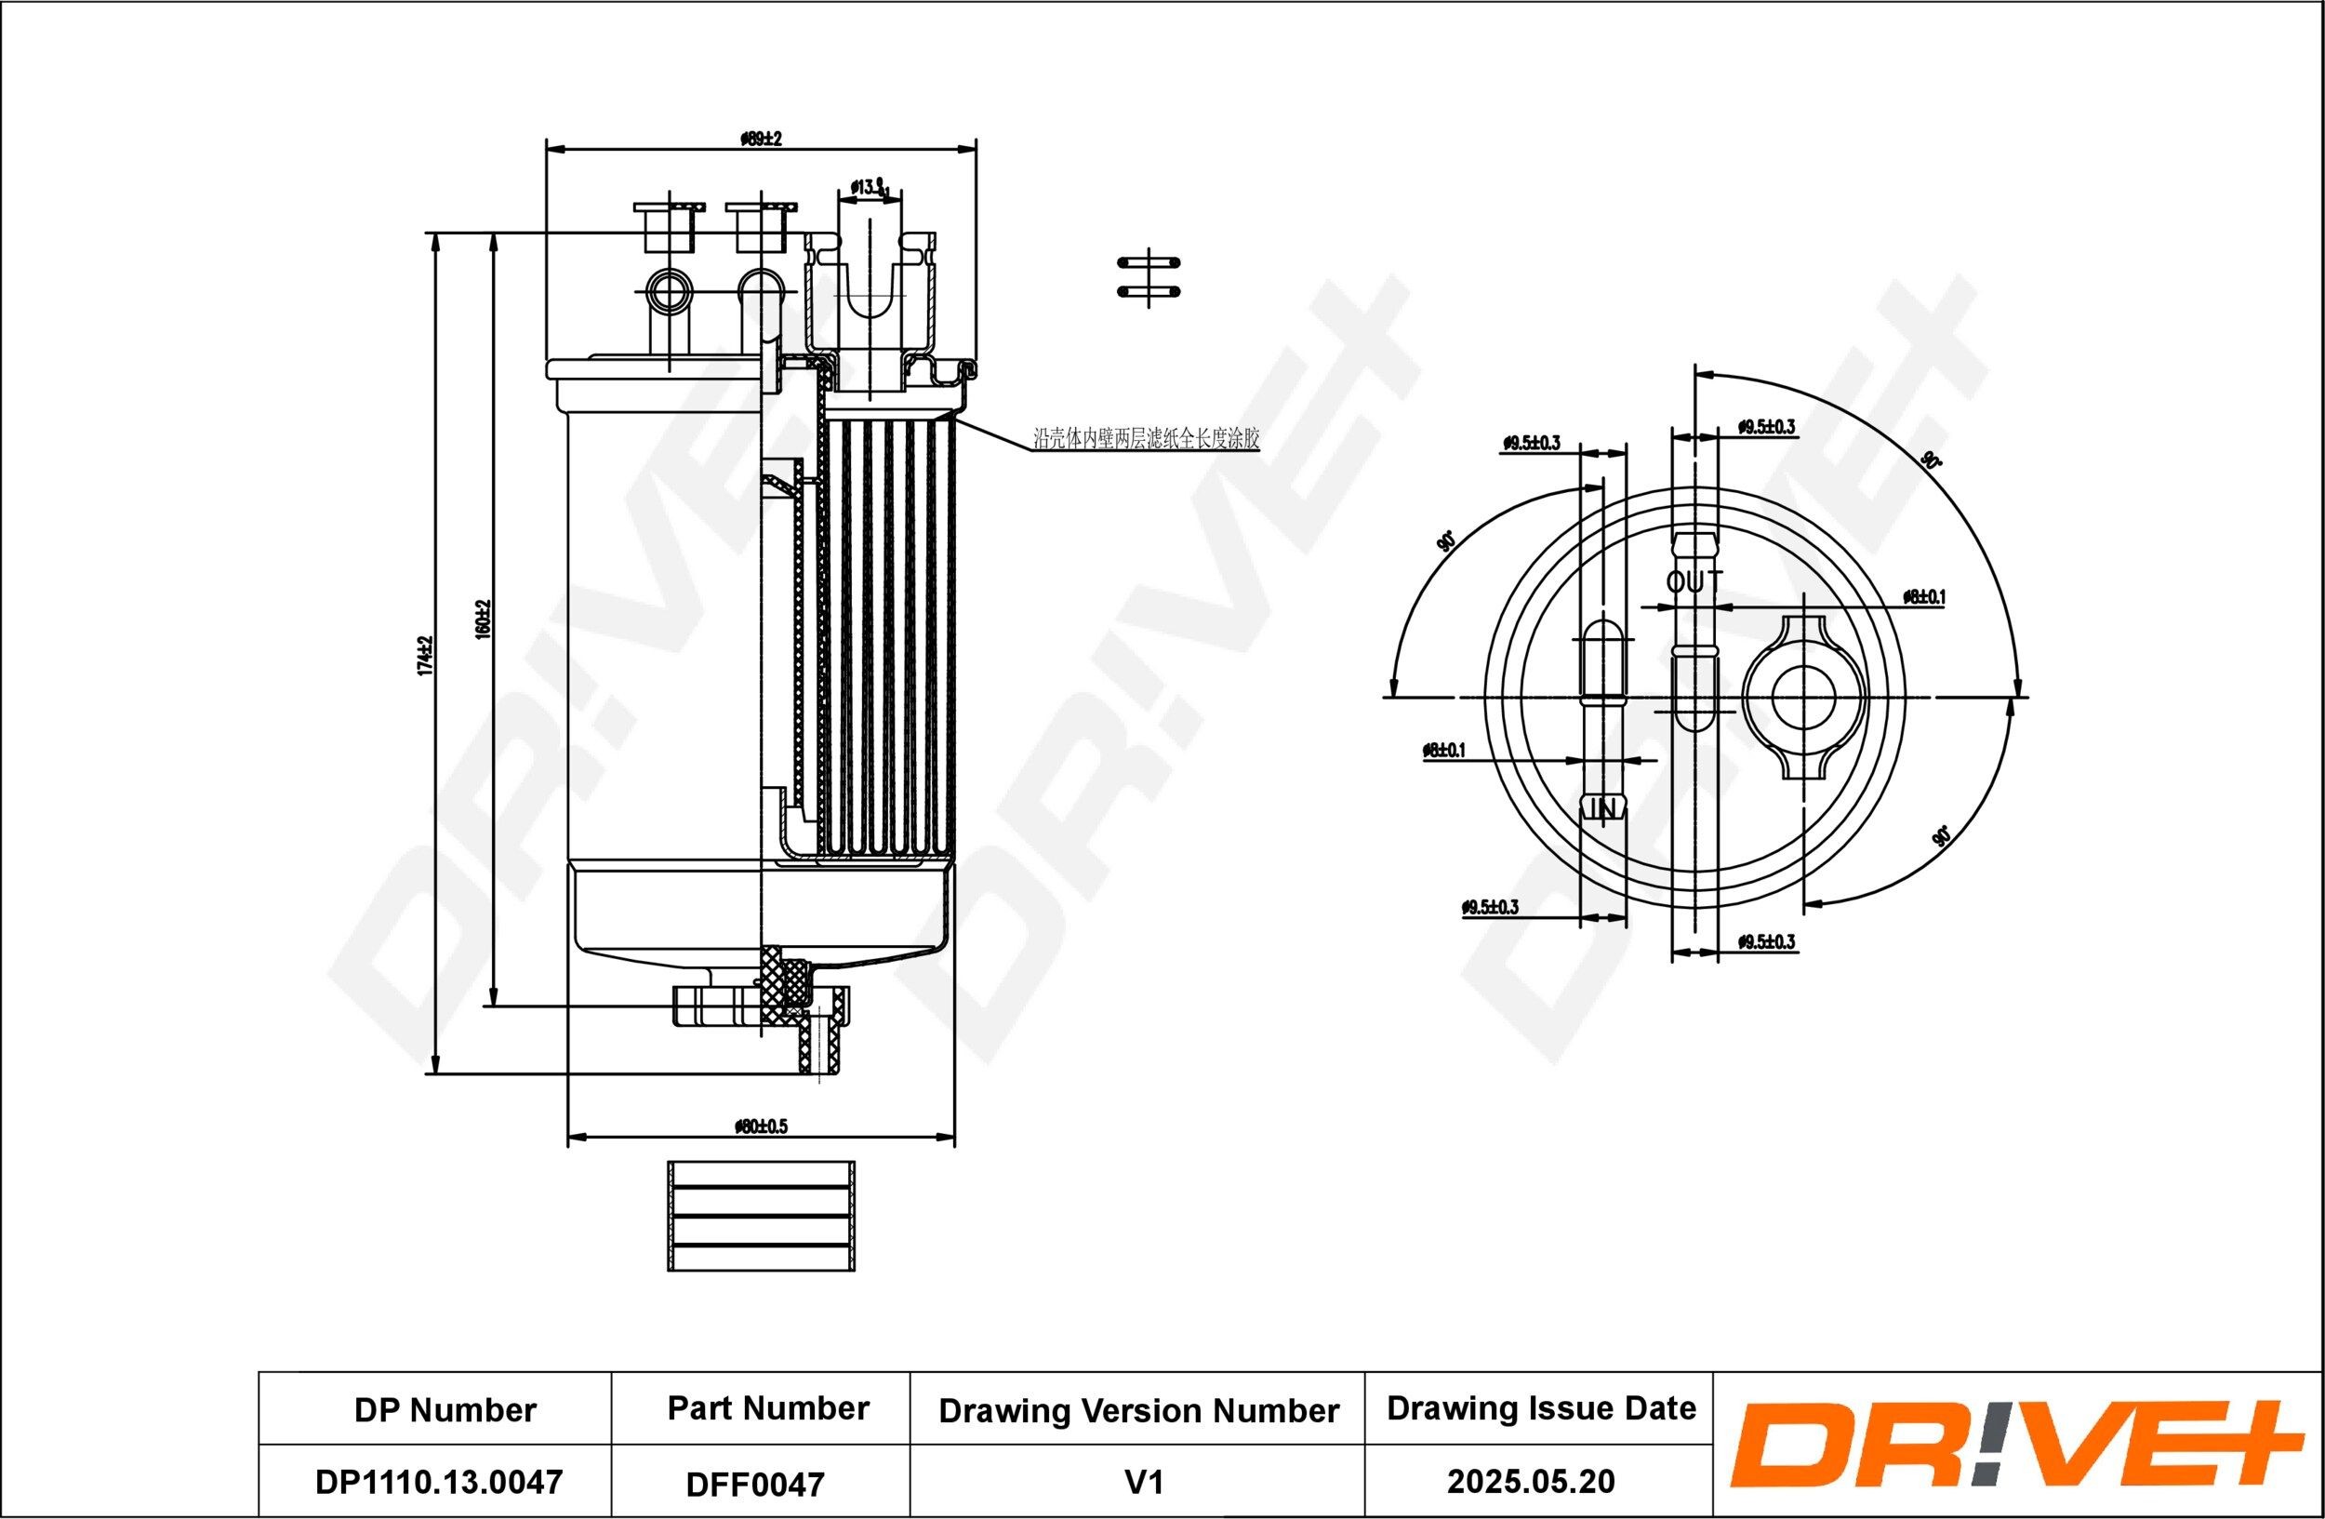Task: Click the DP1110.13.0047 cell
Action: coord(439,1481)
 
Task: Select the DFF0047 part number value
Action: coord(755,1484)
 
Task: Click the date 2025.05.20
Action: coord(1531,1481)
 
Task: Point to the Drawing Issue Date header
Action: coord(1541,1407)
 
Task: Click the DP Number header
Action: coord(445,1409)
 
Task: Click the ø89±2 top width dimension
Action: coord(761,139)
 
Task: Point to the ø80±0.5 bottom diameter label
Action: coord(761,1126)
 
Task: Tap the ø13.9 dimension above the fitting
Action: coord(868,187)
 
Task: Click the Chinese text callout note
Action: coord(1146,440)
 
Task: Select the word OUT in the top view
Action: coord(1694,582)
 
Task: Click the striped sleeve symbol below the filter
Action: coord(761,1216)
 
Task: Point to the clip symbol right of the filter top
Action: coord(1149,276)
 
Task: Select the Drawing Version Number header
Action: coord(1138,1409)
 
